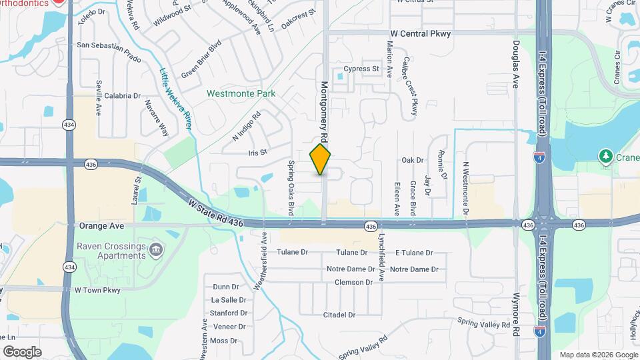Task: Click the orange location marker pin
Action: [321, 159]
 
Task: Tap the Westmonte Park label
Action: [241, 94]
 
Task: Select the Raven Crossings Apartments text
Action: [111, 251]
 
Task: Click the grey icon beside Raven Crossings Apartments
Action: [157, 251]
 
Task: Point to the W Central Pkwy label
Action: [421, 33]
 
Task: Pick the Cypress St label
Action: [361, 69]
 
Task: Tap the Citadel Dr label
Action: [339, 315]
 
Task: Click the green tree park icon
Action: [606, 156]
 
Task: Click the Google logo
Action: [22, 351]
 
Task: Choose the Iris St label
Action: [257, 152]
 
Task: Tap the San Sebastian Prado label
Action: [109, 45]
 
